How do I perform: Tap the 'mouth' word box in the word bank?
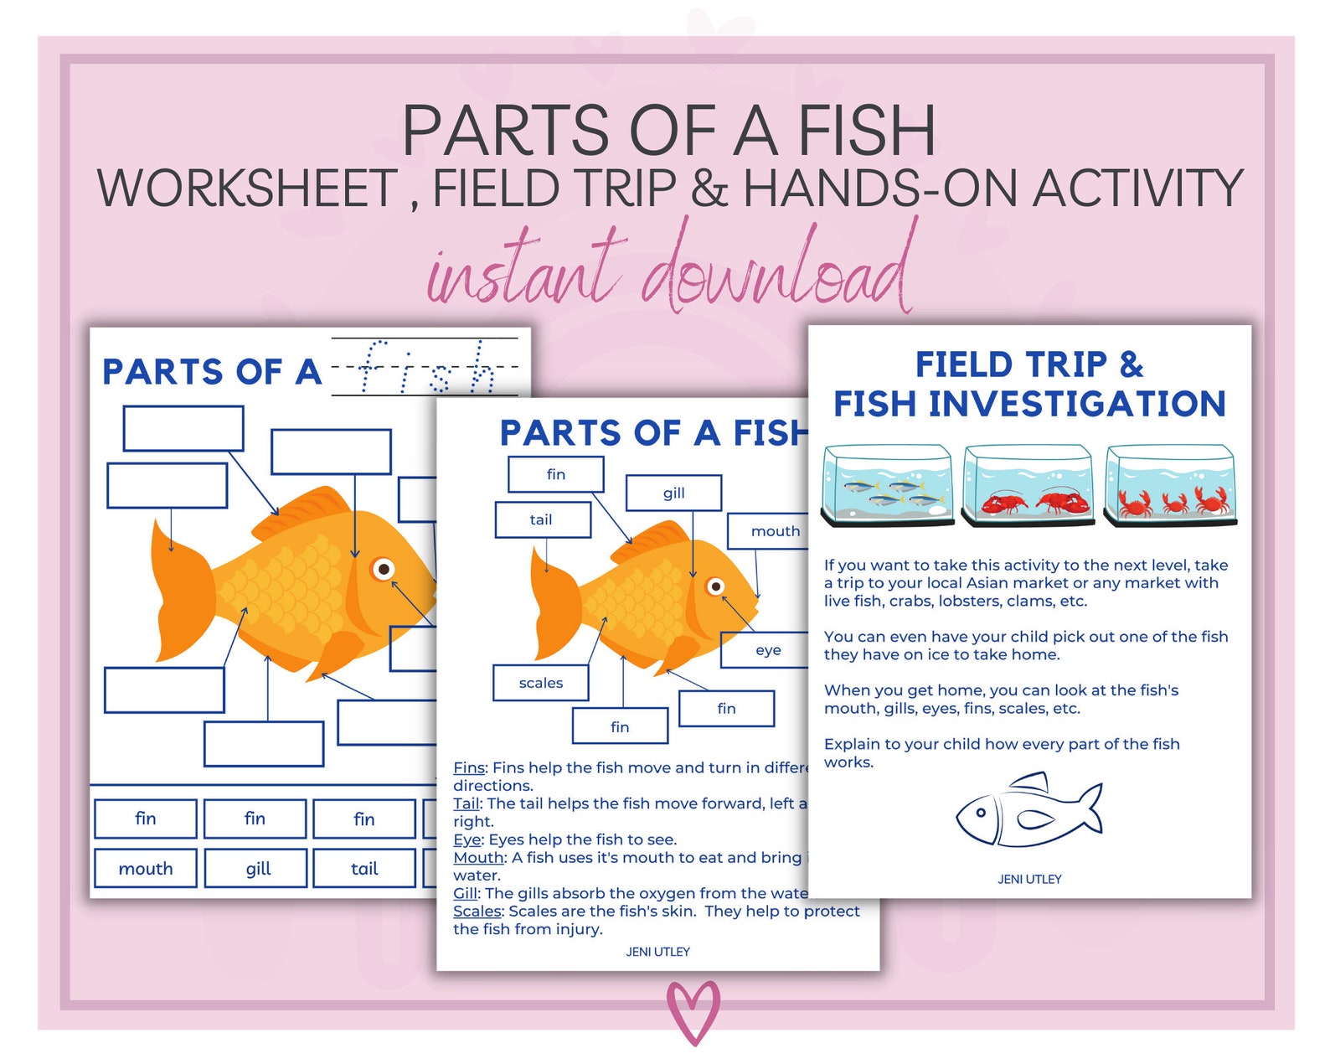pos(146,869)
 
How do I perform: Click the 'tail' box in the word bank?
pos(364,869)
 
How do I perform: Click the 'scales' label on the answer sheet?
pos(541,683)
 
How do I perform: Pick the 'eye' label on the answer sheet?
pos(767,650)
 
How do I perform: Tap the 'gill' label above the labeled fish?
pos(673,493)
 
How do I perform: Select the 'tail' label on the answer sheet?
pos(542,519)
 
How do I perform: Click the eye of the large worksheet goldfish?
pos(384,570)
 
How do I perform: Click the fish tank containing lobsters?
pos(1028,486)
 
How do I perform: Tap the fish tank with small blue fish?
pos(888,486)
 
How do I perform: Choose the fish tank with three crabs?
pos(1170,486)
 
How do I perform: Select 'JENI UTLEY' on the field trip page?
pos(1029,879)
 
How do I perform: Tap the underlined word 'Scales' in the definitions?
pos(477,912)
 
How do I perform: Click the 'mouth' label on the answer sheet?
pos(775,531)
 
